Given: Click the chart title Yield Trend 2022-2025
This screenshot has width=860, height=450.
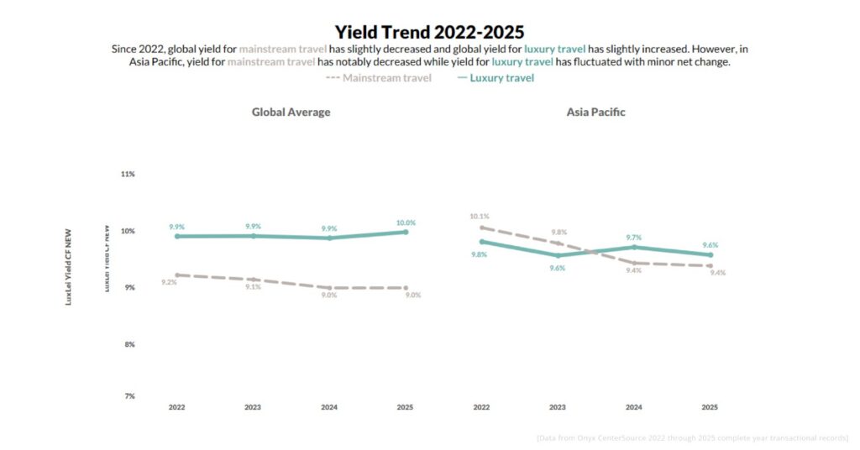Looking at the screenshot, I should click(x=429, y=32).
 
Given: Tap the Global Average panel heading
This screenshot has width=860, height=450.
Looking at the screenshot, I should click(x=291, y=112).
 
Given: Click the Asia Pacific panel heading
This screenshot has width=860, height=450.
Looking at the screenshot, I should click(x=595, y=112).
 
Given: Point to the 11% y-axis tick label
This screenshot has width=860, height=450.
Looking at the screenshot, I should click(x=128, y=174).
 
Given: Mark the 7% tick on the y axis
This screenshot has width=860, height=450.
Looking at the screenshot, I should click(x=128, y=395).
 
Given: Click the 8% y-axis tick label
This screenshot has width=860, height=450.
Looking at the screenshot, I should click(x=128, y=344).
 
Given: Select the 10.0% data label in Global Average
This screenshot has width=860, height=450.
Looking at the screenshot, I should click(x=406, y=222).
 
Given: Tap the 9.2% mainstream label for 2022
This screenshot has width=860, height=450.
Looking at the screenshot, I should click(x=169, y=283).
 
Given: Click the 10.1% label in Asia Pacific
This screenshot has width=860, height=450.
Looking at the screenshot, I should click(x=480, y=217).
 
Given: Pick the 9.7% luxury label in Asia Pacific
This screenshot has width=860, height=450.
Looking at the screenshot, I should click(x=633, y=238).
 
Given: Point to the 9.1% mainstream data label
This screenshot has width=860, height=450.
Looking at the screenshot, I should click(x=253, y=287).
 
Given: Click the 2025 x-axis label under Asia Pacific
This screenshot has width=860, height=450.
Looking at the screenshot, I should click(x=710, y=407).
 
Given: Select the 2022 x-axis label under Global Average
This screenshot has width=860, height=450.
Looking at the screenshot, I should click(x=176, y=407).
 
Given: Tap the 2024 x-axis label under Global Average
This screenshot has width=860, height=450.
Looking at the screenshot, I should click(x=329, y=407).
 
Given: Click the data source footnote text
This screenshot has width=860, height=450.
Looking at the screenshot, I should click(x=692, y=438).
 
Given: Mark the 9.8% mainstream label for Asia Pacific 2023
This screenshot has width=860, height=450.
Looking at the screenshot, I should click(x=558, y=232).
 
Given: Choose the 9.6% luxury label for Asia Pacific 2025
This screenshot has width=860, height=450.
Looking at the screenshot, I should click(x=710, y=245).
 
